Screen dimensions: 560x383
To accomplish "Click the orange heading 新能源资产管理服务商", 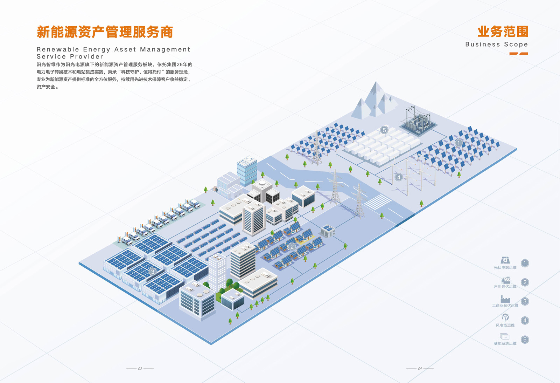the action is [105, 32].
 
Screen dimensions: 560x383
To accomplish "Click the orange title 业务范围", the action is [503, 32].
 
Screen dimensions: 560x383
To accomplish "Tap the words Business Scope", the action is [497, 44].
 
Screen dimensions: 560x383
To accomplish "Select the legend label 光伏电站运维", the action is [505, 268].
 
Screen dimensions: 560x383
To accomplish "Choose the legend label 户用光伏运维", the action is [505, 286].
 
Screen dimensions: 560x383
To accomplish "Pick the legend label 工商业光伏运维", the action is [505, 306].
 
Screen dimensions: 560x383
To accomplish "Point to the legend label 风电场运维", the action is [505, 325].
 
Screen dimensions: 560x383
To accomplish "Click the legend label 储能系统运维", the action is [505, 343].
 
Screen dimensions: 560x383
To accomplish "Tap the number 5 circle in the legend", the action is [525, 340].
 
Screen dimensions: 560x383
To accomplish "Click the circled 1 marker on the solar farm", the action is [458, 143].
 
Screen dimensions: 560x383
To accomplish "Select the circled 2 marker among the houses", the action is [292, 247].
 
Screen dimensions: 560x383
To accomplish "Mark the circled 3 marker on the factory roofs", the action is [153, 272].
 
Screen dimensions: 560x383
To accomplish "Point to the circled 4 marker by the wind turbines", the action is [399, 177].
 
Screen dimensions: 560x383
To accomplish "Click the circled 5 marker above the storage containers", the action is [384, 130].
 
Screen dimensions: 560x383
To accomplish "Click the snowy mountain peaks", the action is [374, 100].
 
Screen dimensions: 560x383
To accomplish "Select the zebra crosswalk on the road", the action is [378, 202].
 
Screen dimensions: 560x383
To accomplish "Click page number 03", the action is [140, 369].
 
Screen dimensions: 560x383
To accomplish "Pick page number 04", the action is [420, 369].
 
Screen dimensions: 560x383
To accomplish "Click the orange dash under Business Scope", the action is [518, 54].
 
